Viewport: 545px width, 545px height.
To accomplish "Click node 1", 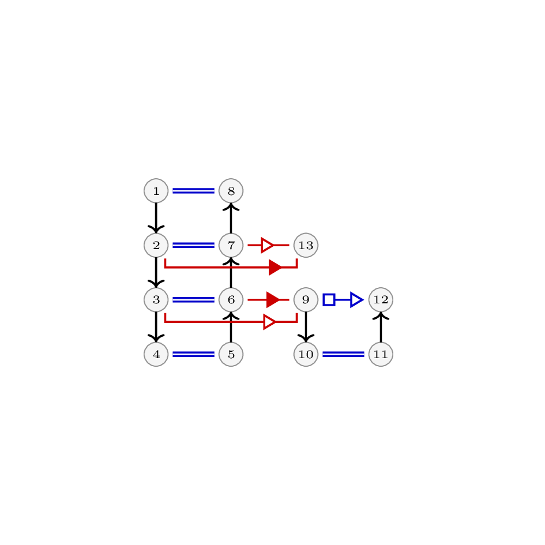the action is pyautogui.click(x=156, y=191).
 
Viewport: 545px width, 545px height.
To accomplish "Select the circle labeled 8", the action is pyautogui.click(x=231, y=191).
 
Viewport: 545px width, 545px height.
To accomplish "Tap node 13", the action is pyautogui.click(x=306, y=245).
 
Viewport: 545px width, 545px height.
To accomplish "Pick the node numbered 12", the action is pyautogui.click(x=381, y=300).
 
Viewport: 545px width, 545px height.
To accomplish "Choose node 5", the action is pyautogui.click(x=231, y=354).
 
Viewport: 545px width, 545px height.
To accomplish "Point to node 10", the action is pyautogui.click(x=306, y=354).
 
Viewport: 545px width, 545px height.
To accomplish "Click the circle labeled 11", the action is pyautogui.click(x=381, y=354).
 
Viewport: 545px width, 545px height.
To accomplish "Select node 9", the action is pyautogui.click(x=306, y=300).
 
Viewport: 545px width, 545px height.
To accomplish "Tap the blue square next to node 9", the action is pyautogui.click(x=329, y=300).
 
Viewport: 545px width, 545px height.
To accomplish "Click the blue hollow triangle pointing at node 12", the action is pyautogui.click(x=356, y=300).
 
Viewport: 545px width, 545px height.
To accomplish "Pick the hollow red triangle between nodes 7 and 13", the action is pyautogui.click(x=267, y=245).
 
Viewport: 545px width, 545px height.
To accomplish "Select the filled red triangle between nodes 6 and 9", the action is pyautogui.click(x=273, y=300).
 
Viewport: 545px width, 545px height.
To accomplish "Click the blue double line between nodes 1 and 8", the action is pyautogui.click(x=193, y=191).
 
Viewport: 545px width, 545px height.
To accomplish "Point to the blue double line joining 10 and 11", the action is pyautogui.click(x=343, y=354).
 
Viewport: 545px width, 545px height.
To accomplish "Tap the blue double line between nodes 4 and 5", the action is pyautogui.click(x=193, y=354).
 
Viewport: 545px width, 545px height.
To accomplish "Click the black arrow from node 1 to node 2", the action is pyautogui.click(x=156, y=218).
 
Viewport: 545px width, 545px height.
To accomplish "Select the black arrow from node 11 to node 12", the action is pyautogui.click(x=381, y=327).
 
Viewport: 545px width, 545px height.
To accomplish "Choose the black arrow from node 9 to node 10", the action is pyautogui.click(x=306, y=327).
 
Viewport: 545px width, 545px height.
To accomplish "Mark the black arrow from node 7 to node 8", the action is pyautogui.click(x=231, y=218).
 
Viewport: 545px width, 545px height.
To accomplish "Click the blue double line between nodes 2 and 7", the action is pyautogui.click(x=193, y=245).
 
